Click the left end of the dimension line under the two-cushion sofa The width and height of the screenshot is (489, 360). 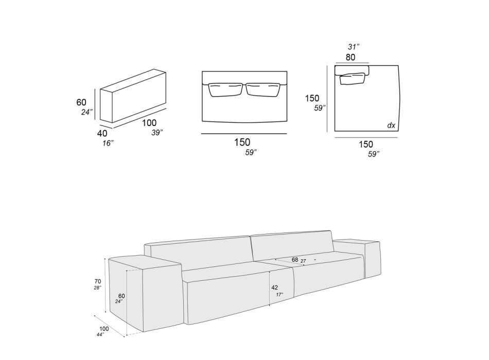tap(201, 134)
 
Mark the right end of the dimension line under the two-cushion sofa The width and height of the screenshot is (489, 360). tap(287, 134)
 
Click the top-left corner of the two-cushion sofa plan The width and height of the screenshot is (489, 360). tap(202, 71)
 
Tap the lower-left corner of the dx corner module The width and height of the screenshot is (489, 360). tap(335, 131)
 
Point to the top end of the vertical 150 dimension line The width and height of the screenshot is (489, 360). tap(327, 66)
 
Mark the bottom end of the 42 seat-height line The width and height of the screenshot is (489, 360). tap(269, 307)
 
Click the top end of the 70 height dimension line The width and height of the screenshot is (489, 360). tap(106, 258)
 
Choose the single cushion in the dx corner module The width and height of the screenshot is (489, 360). tap(353, 79)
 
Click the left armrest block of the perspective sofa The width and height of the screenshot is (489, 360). tap(145, 293)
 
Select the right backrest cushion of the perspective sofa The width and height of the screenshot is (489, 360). tap(292, 246)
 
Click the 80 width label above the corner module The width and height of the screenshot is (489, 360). tap(350, 58)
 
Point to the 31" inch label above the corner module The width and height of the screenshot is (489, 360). tap(354, 47)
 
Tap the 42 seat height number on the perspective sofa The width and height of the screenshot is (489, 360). tap(274, 287)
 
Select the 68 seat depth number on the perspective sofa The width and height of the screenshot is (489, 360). tap(295, 259)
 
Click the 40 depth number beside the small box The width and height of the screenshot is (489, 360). tap(102, 133)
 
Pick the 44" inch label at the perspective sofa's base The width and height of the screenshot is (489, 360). tap(100, 334)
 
